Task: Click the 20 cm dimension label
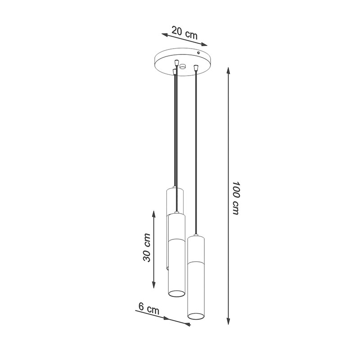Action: [184, 33]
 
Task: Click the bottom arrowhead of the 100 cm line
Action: [228, 321]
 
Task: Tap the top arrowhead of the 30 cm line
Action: [153, 215]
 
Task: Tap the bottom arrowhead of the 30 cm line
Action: [153, 284]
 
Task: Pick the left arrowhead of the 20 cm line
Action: [165, 35]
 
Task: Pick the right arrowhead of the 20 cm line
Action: [204, 45]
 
